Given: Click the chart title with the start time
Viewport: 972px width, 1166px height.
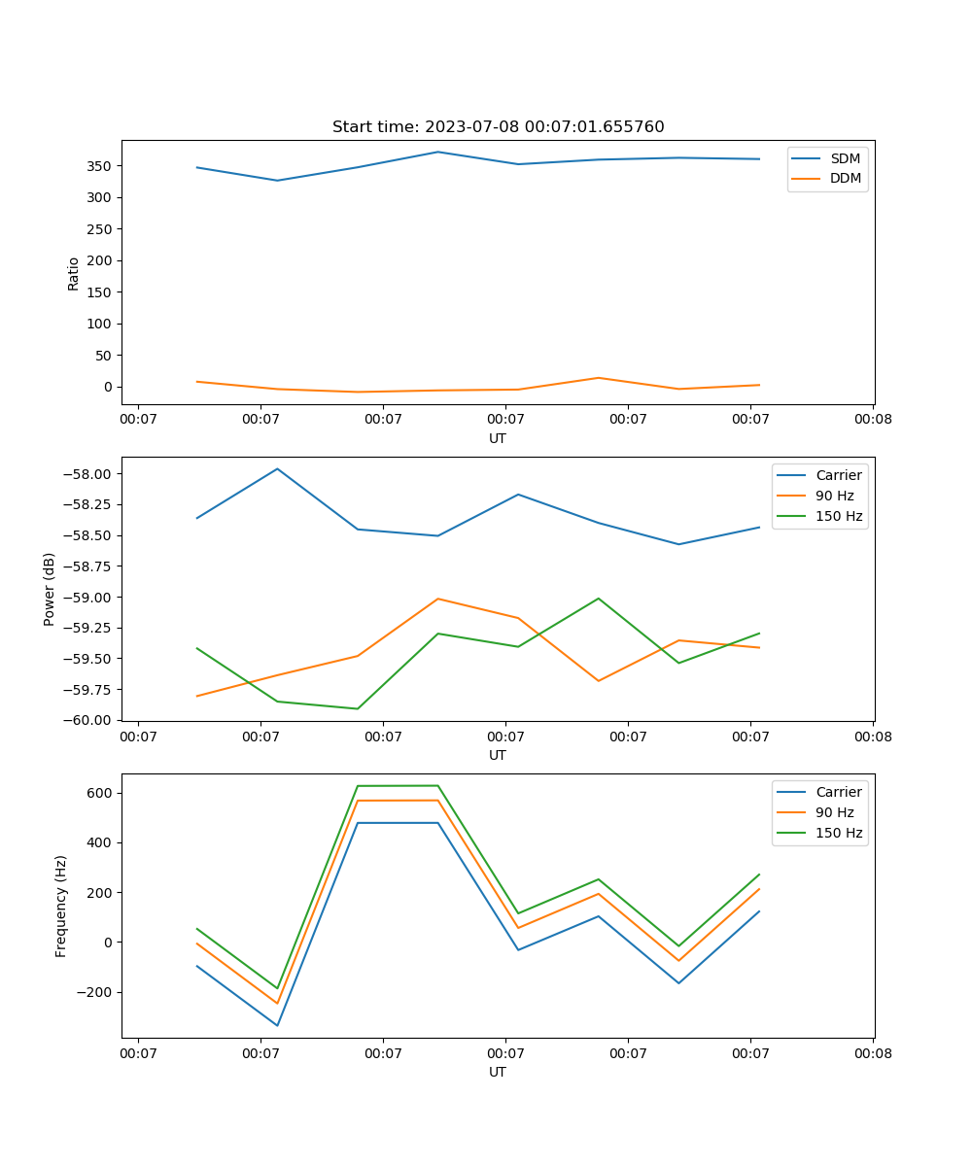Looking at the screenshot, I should point(498,127).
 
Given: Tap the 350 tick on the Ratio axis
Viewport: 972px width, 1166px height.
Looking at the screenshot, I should point(100,166).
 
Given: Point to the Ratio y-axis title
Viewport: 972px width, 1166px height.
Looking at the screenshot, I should point(74,273).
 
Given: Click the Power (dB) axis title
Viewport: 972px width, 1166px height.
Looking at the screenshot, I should point(50,589).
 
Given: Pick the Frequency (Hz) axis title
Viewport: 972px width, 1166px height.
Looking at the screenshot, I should point(61,906).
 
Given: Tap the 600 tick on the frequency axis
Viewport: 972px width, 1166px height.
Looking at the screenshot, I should point(100,793).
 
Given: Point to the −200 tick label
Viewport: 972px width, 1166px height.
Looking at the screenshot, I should point(95,992).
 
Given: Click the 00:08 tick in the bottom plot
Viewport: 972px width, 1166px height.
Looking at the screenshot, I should point(873,1053).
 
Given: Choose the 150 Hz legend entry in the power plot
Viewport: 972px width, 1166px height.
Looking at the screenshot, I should point(839,516).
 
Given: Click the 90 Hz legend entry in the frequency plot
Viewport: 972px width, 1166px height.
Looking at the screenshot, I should point(835,812).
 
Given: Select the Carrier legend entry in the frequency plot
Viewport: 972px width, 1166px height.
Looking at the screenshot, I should point(839,792).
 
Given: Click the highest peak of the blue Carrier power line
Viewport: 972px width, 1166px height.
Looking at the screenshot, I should point(277,468).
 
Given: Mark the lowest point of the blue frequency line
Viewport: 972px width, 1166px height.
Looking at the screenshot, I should point(277,1025).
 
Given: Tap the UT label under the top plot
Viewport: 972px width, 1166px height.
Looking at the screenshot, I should point(498,438).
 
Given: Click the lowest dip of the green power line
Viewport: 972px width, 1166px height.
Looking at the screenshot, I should point(357,708).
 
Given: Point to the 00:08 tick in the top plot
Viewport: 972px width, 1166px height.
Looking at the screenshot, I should point(873,420).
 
